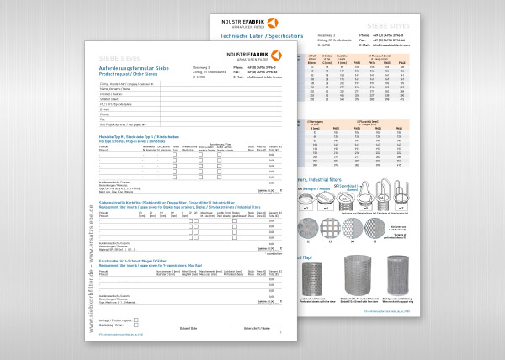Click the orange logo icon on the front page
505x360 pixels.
click(277, 55)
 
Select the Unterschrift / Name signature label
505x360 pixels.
click(253, 326)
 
